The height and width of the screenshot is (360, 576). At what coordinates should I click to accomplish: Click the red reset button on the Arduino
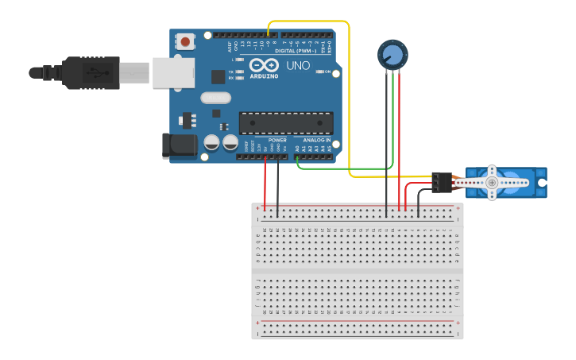click(x=185, y=41)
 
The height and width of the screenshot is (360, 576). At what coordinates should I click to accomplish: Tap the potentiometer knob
click(x=392, y=55)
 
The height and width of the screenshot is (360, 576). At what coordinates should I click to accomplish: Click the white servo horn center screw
click(x=492, y=183)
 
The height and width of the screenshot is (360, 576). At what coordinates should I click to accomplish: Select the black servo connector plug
click(x=442, y=182)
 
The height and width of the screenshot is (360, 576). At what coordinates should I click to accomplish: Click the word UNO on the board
click(x=298, y=65)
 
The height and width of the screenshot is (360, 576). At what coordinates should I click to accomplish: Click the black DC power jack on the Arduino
click(x=178, y=145)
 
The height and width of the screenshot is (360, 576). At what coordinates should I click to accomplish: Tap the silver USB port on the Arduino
click(x=173, y=72)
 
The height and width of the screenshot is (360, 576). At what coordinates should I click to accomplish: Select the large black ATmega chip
click(x=285, y=123)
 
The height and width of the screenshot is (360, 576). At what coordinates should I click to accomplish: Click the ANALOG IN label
click(x=316, y=139)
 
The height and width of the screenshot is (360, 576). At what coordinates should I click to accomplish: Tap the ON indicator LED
click(x=319, y=72)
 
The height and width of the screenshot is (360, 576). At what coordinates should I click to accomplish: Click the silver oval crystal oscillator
click(x=215, y=98)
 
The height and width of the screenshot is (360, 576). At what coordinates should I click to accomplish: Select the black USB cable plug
click(x=91, y=72)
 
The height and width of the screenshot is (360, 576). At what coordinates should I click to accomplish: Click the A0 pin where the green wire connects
click(x=297, y=156)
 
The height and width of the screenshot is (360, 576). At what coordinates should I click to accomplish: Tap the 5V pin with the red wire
click(x=265, y=156)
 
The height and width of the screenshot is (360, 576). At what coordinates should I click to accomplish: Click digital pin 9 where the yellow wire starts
click(x=269, y=36)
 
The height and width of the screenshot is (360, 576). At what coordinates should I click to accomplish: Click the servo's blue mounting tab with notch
click(x=542, y=183)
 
